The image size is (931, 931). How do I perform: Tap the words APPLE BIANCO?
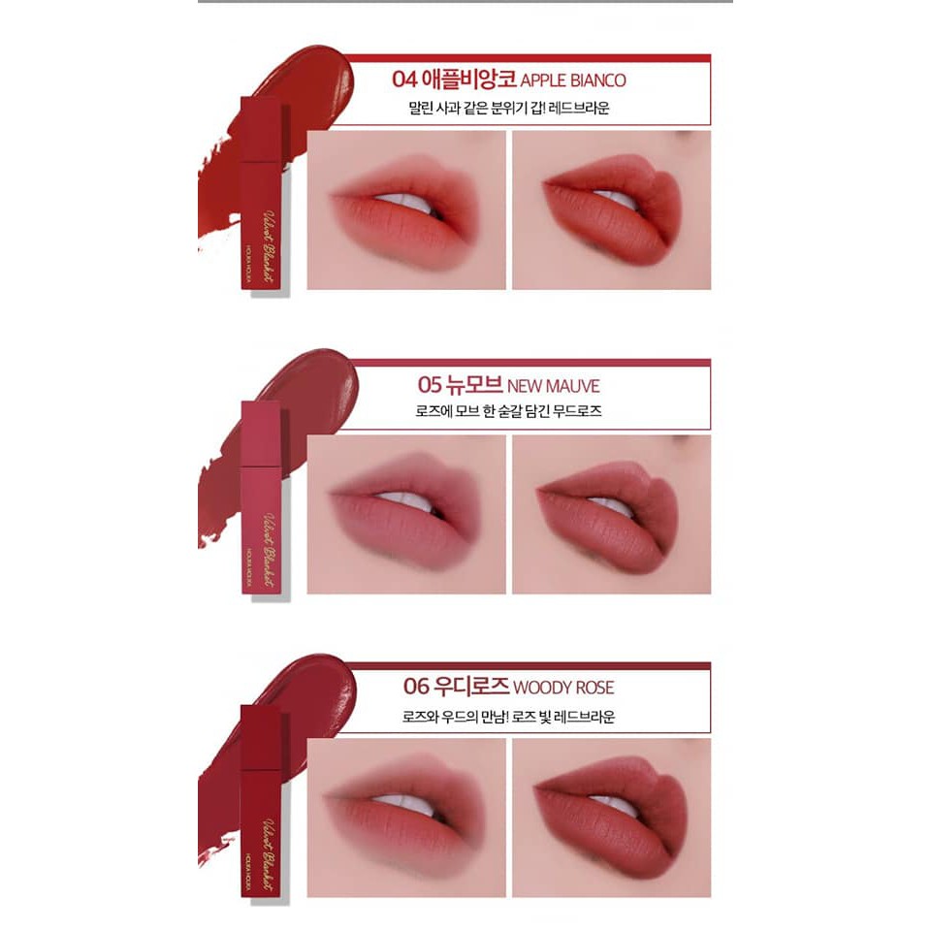click(x=573, y=81)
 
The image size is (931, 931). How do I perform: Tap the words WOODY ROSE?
click(x=563, y=689)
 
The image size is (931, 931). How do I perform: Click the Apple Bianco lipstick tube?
click(x=260, y=194)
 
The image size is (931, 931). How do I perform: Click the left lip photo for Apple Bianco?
click(x=406, y=209)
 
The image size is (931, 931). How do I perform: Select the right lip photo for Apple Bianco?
click(x=611, y=209)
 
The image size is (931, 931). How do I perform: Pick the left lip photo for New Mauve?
click(x=406, y=514)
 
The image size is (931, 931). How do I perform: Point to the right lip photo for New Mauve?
click(x=611, y=514)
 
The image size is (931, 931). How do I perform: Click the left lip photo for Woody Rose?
click(x=406, y=818)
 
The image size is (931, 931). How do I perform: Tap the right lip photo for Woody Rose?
click(x=611, y=818)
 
